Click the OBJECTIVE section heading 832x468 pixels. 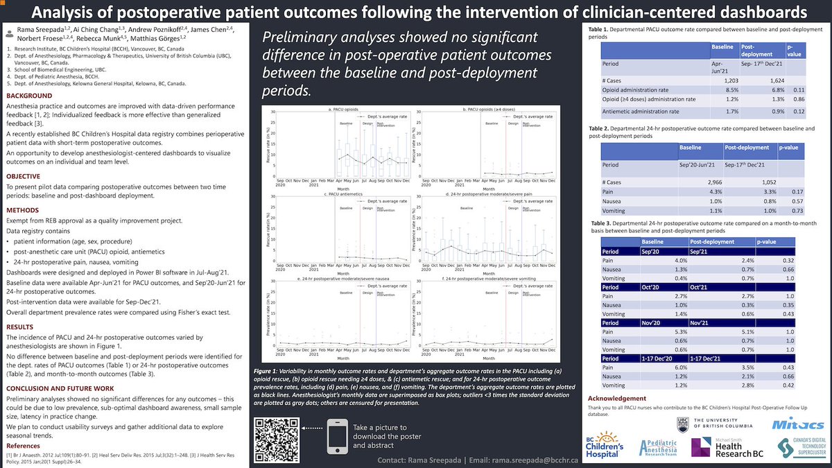point(29,177)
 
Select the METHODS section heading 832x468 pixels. point(28,209)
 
